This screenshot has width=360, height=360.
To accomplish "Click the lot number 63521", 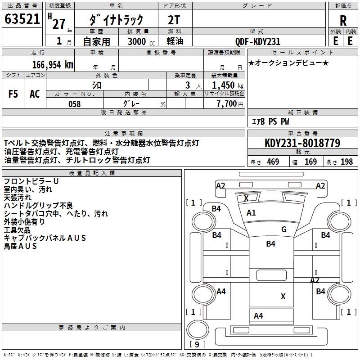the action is point(22,19).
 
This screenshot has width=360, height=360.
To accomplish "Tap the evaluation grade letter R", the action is point(343,21).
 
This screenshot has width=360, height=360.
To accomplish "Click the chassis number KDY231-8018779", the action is point(302,144).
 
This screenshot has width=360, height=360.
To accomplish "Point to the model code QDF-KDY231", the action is point(258,41).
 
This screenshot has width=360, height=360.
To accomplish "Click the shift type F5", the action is point(13,94).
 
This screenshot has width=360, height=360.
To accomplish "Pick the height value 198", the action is point(346,162).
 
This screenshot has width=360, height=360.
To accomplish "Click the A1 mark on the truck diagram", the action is point(251,213).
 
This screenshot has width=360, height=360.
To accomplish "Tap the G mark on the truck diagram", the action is point(284,229).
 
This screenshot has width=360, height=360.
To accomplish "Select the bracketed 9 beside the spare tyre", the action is point(197,345).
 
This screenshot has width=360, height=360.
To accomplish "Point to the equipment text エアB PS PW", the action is point(270,122).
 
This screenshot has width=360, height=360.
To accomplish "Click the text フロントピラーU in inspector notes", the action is point(31,181).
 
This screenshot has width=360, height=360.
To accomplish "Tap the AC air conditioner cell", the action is point(35,94).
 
